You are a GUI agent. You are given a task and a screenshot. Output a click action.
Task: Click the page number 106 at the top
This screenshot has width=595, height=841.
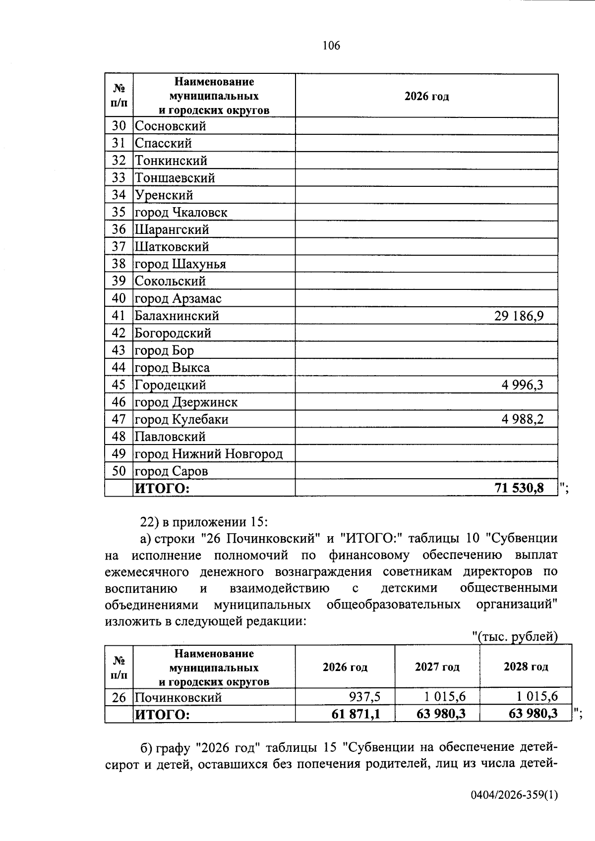pos(331,46)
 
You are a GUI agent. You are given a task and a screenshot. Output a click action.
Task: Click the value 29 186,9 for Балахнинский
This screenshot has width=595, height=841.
pos(519,316)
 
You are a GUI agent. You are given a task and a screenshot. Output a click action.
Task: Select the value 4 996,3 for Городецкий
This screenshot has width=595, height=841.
pos(522,385)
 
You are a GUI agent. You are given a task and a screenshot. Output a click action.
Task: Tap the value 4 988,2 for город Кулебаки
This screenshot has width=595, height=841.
pos(522,420)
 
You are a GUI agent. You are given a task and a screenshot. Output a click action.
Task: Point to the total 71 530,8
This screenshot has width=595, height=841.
pos(519,488)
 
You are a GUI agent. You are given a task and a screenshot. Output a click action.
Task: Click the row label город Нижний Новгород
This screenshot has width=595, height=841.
pos(209,454)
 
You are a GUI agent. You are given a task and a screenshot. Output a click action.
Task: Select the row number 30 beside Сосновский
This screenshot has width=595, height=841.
pos(119,126)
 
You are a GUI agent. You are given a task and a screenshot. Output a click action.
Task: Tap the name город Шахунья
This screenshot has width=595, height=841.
pos(180,264)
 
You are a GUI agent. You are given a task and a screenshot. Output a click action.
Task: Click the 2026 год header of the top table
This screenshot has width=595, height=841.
pos(426,97)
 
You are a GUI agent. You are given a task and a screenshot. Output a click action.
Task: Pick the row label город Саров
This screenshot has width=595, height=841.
pos(172,471)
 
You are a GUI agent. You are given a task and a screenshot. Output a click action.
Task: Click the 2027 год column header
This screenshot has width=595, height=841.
pos(437,667)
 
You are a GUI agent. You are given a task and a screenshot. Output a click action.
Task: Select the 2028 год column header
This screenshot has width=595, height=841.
pos(526,667)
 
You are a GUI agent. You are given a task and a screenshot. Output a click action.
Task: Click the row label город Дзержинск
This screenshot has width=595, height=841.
pos(186,402)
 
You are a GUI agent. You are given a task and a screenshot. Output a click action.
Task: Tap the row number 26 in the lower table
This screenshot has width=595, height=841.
pos(119,698)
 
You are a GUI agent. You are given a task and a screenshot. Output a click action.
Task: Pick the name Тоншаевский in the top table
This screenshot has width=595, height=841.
pos(175,178)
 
